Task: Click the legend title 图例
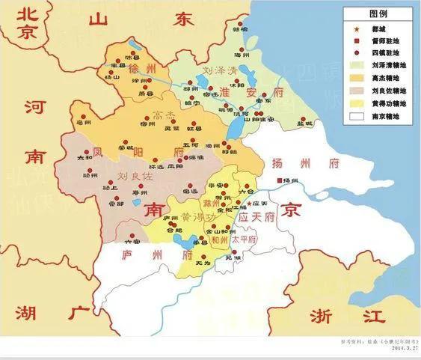click(379, 13)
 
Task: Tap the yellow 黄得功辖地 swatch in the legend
click(357, 104)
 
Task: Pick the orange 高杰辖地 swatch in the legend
click(357, 79)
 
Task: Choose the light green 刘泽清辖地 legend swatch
click(357, 66)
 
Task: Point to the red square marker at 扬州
click(280, 181)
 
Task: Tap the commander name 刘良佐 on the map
click(135, 177)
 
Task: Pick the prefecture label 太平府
click(242, 240)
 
